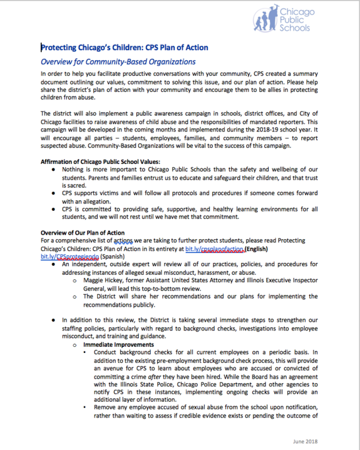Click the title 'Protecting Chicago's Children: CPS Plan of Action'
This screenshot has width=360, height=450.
tap(124, 48)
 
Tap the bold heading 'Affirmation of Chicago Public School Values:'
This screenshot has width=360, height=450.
tap(100, 161)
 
